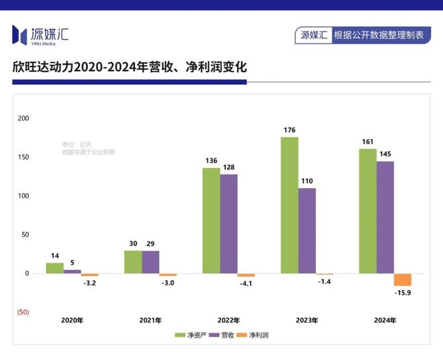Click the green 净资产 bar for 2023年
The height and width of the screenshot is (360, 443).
point(289,205)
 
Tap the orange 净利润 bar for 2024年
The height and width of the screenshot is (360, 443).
point(403,279)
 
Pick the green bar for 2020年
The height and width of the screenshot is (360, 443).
point(54,268)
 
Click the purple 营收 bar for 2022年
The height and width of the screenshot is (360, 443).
point(229,224)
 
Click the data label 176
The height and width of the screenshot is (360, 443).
point(289,130)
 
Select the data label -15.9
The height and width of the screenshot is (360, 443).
point(403,293)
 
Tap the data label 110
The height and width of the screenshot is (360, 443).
point(307,181)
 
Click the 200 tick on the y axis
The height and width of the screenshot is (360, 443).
point(23,118)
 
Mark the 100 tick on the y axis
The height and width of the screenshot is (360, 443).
point(23,196)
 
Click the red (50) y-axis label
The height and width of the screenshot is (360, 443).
point(22,313)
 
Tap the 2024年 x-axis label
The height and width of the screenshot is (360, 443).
point(385,320)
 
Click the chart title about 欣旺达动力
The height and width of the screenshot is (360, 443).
point(130,67)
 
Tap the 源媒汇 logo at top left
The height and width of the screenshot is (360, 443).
point(41,34)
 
